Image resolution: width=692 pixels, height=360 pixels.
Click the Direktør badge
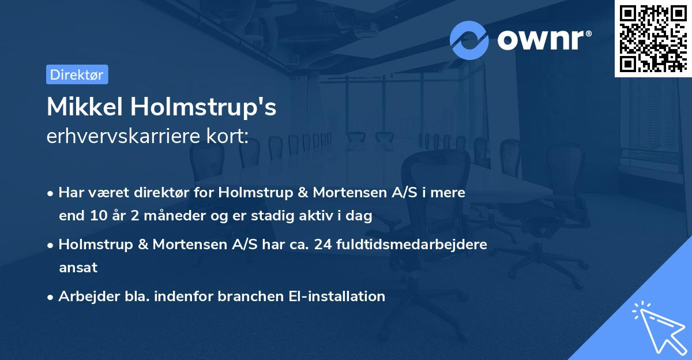(77, 74)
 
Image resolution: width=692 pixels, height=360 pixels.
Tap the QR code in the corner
(653, 38)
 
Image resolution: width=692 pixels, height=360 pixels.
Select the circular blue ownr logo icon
(469, 40)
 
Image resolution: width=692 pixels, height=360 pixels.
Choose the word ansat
(78, 268)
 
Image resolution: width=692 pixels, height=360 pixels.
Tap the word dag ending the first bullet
(360, 216)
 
